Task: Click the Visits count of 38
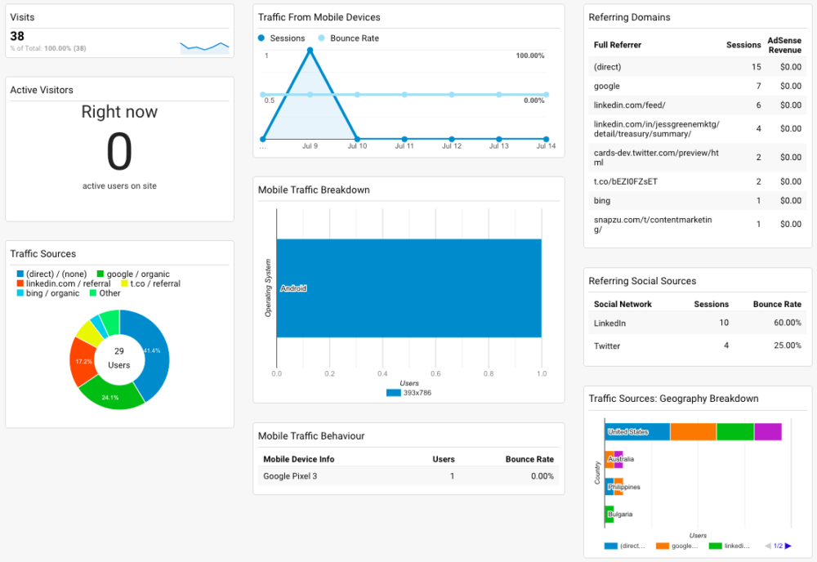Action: [x=17, y=36]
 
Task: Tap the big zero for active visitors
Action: [x=119, y=152]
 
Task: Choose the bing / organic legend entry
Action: [x=52, y=293]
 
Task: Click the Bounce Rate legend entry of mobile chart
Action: [x=354, y=38]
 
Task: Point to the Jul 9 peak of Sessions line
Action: [x=310, y=50]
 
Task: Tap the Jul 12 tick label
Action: [x=452, y=146]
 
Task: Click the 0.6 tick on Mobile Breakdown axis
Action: [x=435, y=374]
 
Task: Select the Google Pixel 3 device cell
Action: [x=290, y=475]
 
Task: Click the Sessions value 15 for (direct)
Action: [x=757, y=67]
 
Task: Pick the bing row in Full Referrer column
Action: [x=602, y=200]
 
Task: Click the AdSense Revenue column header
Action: [x=784, y=45]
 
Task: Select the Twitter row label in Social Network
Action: [x=607, y=346]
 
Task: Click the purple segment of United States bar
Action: [x=768, y=431]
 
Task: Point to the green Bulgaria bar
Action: [x=609, y=515]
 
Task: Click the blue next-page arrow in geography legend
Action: [x=788, y=546]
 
